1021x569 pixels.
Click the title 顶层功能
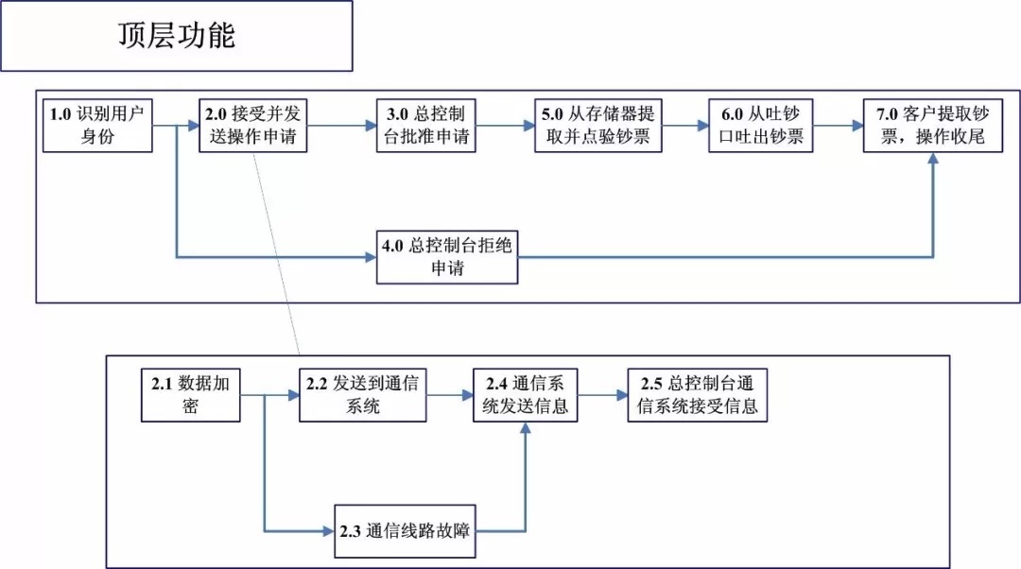pyautogui.click(x=177, y=35)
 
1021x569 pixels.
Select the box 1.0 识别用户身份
pyautogui.click(x=97, y=126)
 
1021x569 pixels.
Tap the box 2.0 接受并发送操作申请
pyautogui.click(x=252, y=126)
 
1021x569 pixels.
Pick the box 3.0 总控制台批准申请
pyautogui.click(x=425, y=126)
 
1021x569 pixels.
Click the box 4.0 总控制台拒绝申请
pyautogui.click(x=447, y=257)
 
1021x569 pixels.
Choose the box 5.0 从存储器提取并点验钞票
pyautogui.click(x=598, y=126)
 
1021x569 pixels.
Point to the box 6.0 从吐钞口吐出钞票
pyautogui.click(x=760, y=126)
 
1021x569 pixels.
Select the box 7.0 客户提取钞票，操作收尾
pyautogui.click(x=933, y=126)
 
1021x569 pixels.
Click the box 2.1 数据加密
pyautogui.click(x=191, y=395)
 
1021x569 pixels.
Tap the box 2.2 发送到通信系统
pyautogui.click(x=363, y=395)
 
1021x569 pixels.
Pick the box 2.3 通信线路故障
pyautogui.click(x=405, y=531)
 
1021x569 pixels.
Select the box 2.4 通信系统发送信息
pyautogui.click(x=526, y=395)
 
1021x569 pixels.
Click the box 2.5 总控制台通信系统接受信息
pyautogui.click(x=698, y=395)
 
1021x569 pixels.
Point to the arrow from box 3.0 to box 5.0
pyautogui.click(x=505, y=126)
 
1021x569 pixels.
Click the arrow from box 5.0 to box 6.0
pyautogui.click(x=685, y=126)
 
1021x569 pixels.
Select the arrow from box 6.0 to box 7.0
pyautogui.click(x=839, y=126)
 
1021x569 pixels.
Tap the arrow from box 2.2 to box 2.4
pyautogui.click(x=450, y=395)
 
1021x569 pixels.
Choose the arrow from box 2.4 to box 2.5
pyautogui.click(x=603, y=395)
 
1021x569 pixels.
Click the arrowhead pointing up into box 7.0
pyautogui.click(x=933, y=158)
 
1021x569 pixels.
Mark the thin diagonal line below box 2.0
pyautogui.click(x=276, y=254)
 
